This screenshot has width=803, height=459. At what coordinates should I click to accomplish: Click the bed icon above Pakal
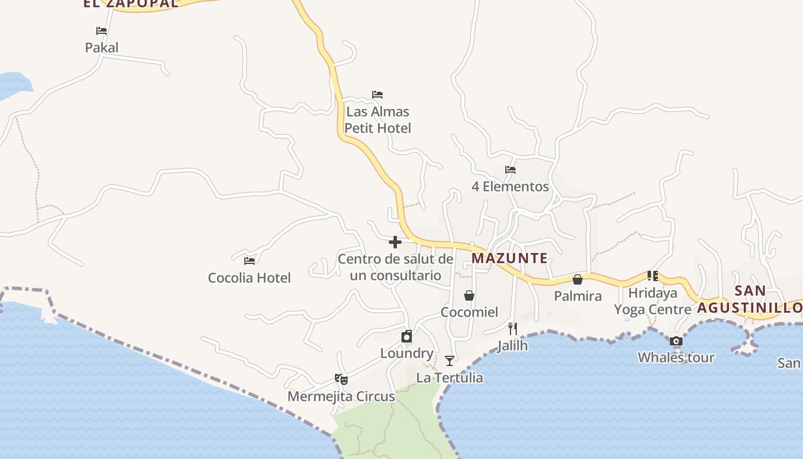(102, 31)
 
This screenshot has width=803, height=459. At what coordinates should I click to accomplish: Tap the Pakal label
(102, 47)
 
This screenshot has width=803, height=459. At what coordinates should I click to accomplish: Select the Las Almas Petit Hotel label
(378, 119)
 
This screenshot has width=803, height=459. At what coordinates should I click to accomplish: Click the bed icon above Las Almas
(377, 95)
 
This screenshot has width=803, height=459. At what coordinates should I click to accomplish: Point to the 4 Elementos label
(510, 186)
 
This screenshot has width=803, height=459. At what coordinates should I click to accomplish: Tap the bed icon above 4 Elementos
(510, 170)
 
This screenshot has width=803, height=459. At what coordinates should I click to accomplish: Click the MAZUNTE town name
(509, 258)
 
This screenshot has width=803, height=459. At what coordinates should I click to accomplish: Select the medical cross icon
(395, 242)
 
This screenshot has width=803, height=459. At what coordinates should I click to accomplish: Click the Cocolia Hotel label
(249, 278)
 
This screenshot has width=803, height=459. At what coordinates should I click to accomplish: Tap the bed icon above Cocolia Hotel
(250, 261)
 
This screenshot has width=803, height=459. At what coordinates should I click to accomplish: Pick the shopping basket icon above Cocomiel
(469, 295)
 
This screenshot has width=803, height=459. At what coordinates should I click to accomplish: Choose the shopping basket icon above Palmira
(578, 279)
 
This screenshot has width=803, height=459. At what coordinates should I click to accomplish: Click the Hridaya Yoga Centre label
(653, 301)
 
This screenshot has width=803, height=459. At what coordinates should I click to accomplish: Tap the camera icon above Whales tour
(676, 341)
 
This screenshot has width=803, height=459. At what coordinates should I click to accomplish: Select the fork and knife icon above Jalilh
(513, 329)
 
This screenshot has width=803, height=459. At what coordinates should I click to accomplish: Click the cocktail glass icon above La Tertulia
(450, 361)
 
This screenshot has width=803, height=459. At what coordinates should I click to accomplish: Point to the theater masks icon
(341, 379)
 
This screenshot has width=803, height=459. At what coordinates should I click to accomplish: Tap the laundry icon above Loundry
(407, 336)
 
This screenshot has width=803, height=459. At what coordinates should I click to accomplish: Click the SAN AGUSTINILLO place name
(750, 299)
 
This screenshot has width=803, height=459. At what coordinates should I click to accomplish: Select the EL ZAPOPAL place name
(131, 3)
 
